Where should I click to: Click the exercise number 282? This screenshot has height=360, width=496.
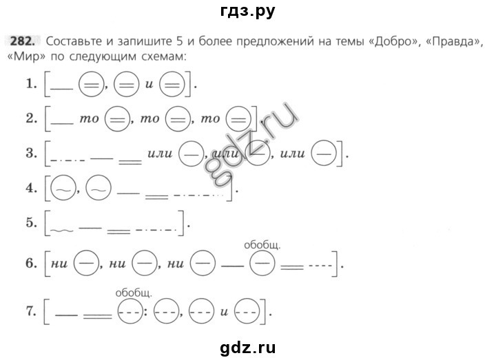pos(21,41)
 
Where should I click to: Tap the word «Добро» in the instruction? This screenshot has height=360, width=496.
pos(393,41)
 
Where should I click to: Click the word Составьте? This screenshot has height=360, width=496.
pos(74,41)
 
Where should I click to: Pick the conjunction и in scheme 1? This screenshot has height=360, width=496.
pos(149,85)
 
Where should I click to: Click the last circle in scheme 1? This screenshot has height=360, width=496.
pos(172,85)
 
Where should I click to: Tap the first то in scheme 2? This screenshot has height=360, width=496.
pos(89,119)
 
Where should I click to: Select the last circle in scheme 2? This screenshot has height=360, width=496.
pos(238,119)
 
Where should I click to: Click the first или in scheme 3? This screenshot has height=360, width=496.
pos(160,153)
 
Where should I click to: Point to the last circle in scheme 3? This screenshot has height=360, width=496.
pos(323,153)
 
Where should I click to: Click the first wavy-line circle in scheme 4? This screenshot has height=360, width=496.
pos(63,188)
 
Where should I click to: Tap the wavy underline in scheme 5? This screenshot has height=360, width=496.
pos(62,231)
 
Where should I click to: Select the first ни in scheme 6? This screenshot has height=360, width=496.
pos(59,264)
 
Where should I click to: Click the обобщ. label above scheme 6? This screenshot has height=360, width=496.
pos(262,245)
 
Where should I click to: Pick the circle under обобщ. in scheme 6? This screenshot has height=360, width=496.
pos(262,263)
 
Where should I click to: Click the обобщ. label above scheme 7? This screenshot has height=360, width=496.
pos(134,293)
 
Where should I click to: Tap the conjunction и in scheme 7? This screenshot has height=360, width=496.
pos(224,312)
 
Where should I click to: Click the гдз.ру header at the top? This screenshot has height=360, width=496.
pos(248,11)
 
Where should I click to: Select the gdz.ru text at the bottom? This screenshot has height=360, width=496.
pos(248,348)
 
